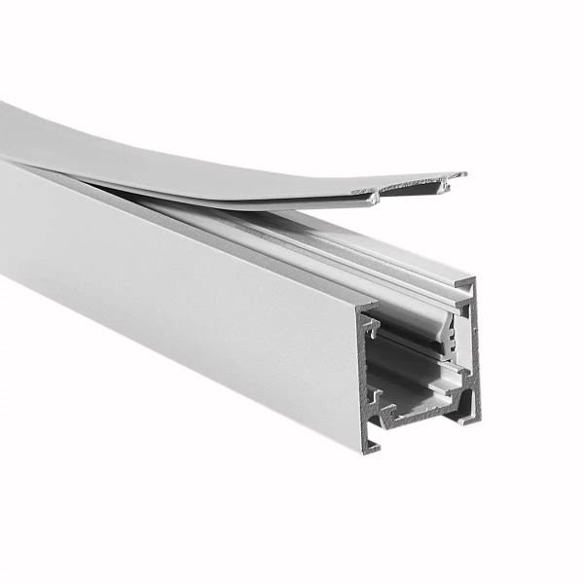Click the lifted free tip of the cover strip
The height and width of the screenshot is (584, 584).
(x=457, y=176)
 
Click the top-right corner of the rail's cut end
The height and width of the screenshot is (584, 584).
(x=475, y=283)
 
